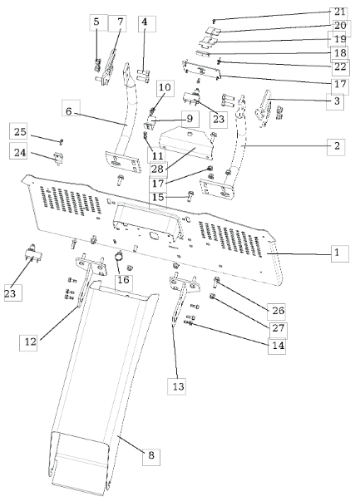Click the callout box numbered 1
[339, 253]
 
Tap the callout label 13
[177, 386]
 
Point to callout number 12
[28, 342]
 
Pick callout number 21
[339, 12]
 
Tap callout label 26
[277, 312]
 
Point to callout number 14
[277, 346]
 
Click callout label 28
[158, 169]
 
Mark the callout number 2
[336, 147]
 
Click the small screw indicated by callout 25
[62, 140]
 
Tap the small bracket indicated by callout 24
[58, 158]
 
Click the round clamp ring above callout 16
[119, 255]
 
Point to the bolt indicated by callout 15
[190, 195]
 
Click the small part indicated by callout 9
[151, 122]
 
